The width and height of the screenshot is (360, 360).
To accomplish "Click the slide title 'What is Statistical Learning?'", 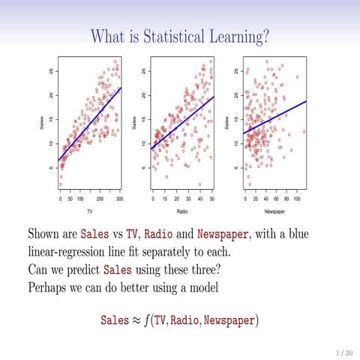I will (180, 35).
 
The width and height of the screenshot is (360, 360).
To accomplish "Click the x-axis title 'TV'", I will (89, 211).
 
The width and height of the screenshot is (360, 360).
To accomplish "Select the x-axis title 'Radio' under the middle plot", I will (181, 211).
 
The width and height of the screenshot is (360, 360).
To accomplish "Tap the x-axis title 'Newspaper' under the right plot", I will (274, 211).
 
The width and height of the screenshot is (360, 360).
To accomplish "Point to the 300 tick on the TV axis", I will (119, 199).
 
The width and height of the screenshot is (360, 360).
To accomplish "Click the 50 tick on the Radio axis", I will (211, 199).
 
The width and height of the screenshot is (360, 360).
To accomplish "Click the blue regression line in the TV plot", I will (90, 123).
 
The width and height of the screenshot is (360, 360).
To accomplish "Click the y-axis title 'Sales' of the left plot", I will (41, 121).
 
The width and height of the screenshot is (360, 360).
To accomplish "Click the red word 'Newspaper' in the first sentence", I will (222, 233).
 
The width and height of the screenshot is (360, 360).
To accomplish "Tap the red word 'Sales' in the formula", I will (115, 320).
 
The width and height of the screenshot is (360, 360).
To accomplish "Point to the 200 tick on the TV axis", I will (100, 199).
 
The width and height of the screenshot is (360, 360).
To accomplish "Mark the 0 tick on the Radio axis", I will (153, 199).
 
